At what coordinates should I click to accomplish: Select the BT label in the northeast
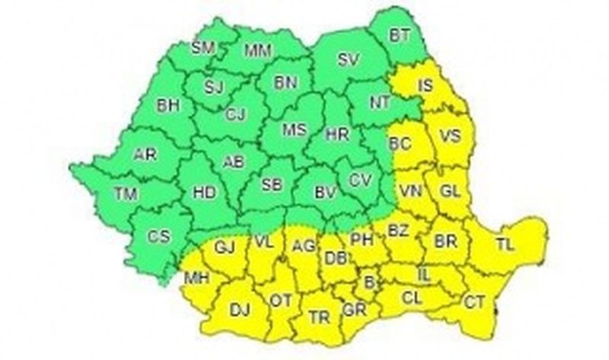coord(400,34)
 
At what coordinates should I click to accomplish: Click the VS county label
coord(451,137)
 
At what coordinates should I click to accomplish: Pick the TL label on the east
coord(504,245)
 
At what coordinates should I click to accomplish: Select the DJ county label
coord(240,308)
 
